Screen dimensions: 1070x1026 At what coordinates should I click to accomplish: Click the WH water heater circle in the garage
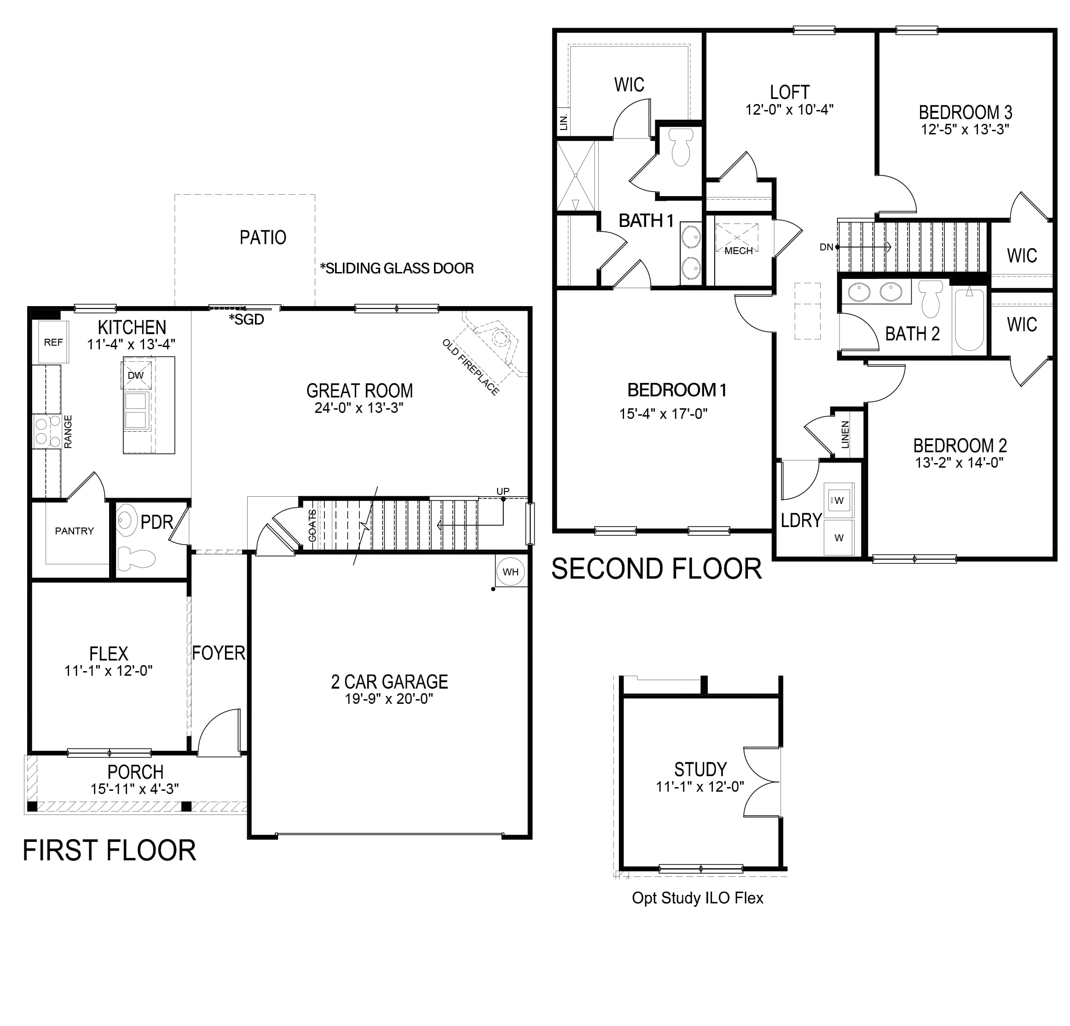point(511,572)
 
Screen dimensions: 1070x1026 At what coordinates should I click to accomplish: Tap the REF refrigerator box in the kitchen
point(53,342)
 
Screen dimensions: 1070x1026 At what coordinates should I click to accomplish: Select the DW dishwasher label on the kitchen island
point(135,376)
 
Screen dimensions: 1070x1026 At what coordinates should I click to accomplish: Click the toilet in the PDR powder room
point(137,557)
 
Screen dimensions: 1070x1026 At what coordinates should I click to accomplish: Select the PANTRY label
point(74,531)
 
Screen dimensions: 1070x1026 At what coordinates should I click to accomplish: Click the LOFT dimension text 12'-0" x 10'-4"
point(789,110)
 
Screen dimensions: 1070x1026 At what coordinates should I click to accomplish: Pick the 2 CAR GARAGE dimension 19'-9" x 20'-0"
point(389,698)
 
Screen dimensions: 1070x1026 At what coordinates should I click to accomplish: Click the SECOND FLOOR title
point(656,568)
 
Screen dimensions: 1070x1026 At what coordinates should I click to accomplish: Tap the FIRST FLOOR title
point(109,850)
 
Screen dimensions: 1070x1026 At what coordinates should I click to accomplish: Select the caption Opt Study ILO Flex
point(697,898)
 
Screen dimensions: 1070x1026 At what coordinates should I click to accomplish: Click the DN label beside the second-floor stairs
point(826,247)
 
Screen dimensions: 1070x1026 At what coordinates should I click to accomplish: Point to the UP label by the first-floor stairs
point(503,492)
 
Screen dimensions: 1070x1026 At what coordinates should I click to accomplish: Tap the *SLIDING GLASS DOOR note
point(397,268)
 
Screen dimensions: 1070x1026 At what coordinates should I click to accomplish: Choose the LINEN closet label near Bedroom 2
point(845,435)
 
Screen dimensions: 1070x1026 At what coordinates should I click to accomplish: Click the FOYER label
point(218,653)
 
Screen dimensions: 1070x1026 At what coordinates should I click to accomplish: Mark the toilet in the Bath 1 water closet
point(681,146)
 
